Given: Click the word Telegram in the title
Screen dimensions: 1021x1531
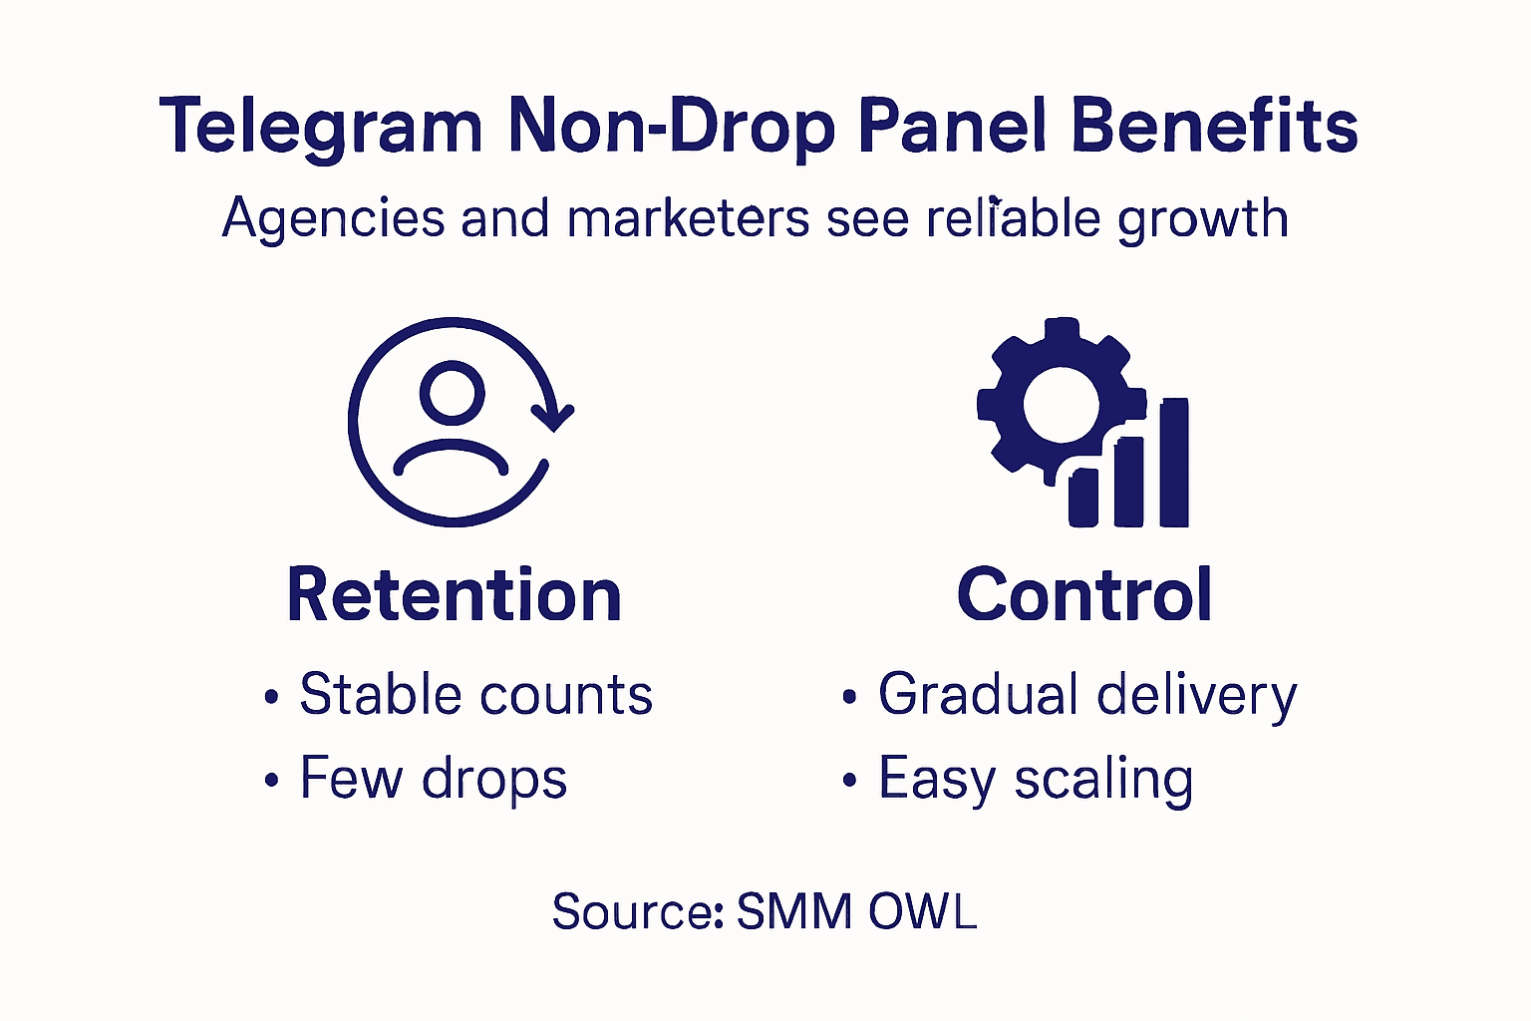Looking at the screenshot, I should (x=321, y=128).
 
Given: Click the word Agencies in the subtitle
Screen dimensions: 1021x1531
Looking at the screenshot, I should (x=333, y=218).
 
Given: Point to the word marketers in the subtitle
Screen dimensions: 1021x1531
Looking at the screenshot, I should (x=688, y=218).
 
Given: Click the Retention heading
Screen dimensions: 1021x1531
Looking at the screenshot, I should (x=455, y=595).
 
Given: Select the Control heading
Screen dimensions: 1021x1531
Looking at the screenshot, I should (x=1084, y=595).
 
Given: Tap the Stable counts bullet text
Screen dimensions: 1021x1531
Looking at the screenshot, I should (x=475, y=694).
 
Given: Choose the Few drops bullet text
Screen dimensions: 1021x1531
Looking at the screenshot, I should (x=433, y=779).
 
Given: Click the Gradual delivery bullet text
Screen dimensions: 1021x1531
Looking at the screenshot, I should (x=1086, y=695).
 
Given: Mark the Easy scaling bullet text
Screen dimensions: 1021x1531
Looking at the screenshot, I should (x=1035, y=779).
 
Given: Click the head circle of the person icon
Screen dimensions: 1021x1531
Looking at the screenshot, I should (x=452, y=392).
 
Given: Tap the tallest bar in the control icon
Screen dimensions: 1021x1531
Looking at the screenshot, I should (x=1174, y=462).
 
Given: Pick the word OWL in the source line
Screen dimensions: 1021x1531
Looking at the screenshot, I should (x=922, y=911).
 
